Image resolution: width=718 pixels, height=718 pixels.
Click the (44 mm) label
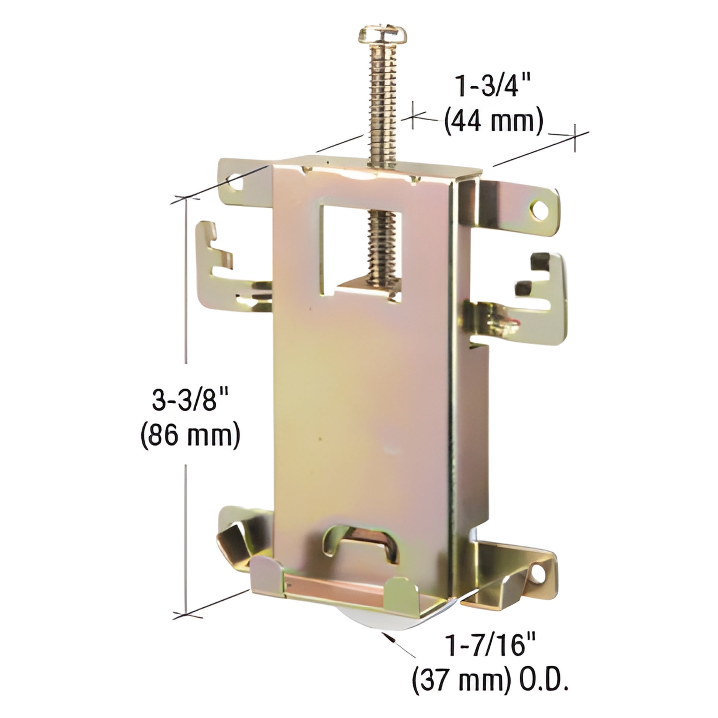click(x=494, y=121)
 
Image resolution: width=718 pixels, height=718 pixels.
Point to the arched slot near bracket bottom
click(x=362, y=549)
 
